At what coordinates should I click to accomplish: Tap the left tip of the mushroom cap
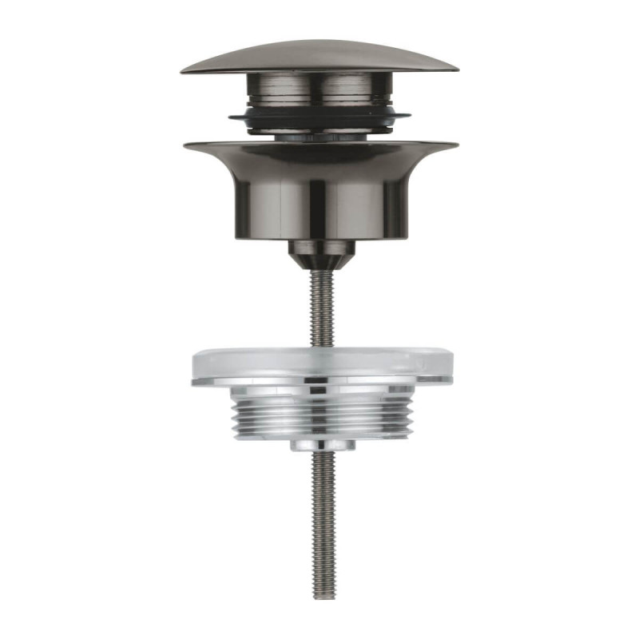click(183, 71)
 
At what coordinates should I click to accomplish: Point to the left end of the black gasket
click(231, 117)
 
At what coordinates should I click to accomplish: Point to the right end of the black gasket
click(409, 117)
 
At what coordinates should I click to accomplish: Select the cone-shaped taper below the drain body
click(320, 254)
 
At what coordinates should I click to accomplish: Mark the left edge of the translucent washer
click(192, 367)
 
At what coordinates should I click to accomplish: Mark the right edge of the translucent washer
click(451, 367)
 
